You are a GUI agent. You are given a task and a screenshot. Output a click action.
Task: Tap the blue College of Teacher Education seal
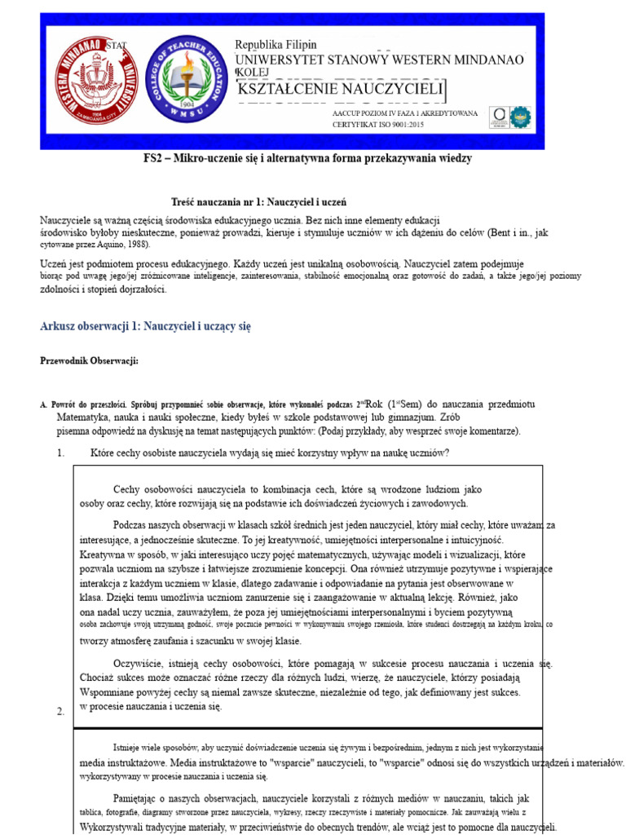pyautogui.click(x=186, y=80)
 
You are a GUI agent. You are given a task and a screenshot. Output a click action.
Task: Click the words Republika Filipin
pyautogui.click(x=276, y=45)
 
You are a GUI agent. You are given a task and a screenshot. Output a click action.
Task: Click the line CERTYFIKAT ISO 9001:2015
pyautogui.click(x=378, y=124)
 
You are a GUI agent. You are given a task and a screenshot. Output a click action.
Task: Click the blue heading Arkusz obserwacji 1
pyautogui.click(x=146, y=326)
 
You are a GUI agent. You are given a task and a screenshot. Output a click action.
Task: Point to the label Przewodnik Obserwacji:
pyautogui.click(x=89, y=360)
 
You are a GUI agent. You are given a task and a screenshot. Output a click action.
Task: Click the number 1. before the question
pyautogui.click(x=60, y=453)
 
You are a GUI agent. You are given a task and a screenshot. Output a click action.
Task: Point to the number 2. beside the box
pyautogui.click(x=60, y=712)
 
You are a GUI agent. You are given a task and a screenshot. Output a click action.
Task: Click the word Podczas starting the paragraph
pyautogui.click(x=132, y=525)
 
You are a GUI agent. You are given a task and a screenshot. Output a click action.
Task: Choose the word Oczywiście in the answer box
pyautogui.click(x=140, y=664)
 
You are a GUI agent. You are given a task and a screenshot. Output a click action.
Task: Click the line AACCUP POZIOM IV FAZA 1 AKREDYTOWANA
pyautogui.click(x=405, y=113)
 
